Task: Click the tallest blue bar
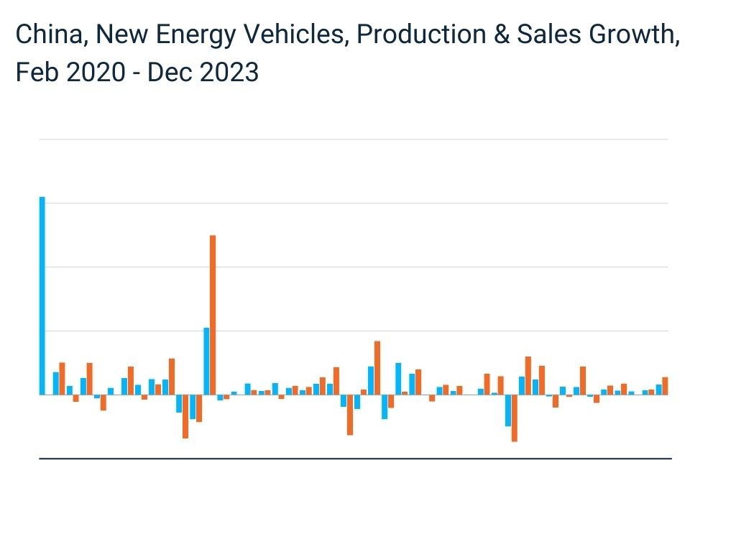coord(42,295)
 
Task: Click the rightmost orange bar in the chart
coord(665,386)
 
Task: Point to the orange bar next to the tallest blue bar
coord(62,378)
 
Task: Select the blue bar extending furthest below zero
coord(508,410)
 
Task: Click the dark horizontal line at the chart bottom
coord(354,458)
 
